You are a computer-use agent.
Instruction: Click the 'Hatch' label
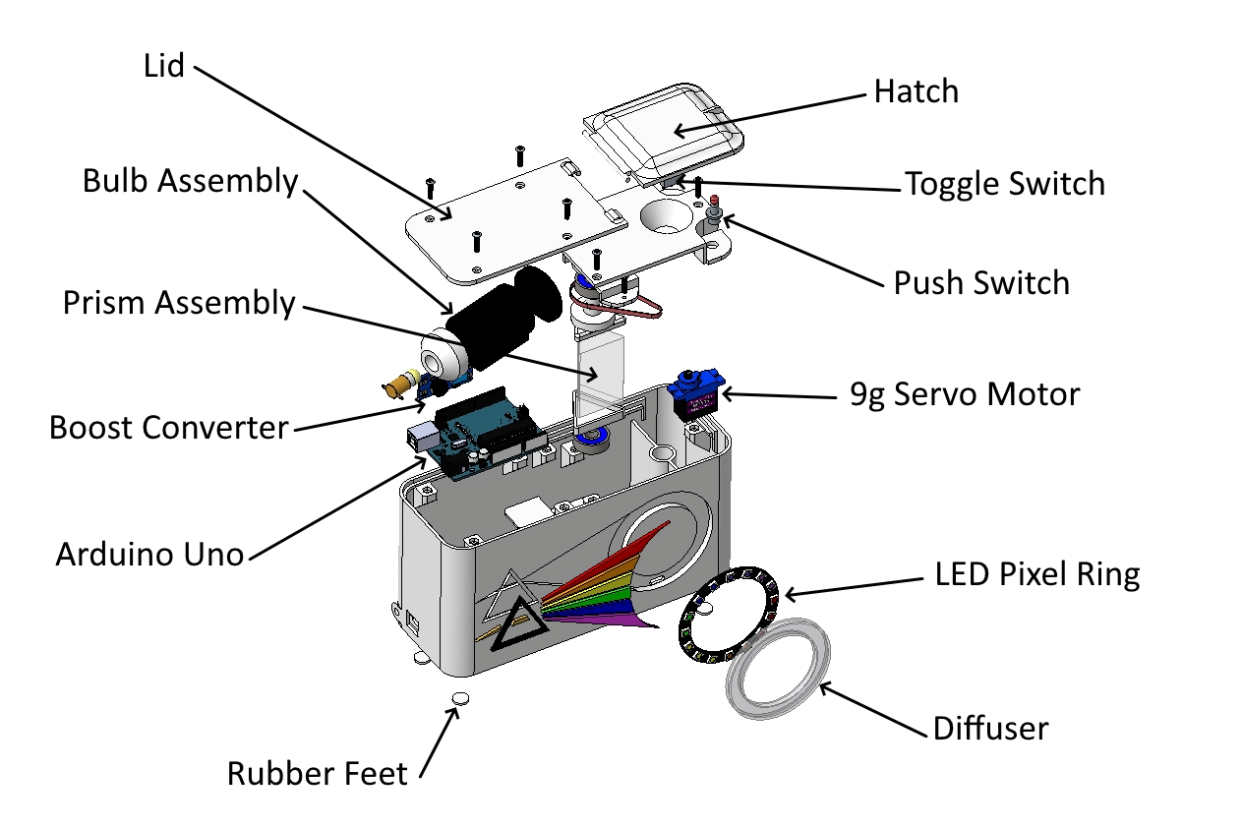click(x=916, y=91)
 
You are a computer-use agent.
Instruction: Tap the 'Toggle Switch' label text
click(x=1005, y=184)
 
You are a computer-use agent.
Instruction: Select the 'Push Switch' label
click(x=981, y=283)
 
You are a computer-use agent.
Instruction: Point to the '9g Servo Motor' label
click(x=965, y=394)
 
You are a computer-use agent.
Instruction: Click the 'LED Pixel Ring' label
click(x=1036, y=574)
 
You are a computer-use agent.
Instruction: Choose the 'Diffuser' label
click(x=991, y=728)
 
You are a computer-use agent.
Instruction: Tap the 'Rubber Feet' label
click(x=318, y=774)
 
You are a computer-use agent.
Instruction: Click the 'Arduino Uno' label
click(x=149, y=554)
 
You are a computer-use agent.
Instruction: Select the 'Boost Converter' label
click(x=168, y=428)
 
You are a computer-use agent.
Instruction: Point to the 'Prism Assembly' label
click(x=179, y=303)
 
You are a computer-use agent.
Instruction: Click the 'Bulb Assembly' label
click(x=190, y=181)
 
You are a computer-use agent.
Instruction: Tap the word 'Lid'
click(x=163, y=66)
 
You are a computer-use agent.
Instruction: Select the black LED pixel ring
click(x=729, y=616)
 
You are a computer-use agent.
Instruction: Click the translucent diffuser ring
click(x=778, y=669)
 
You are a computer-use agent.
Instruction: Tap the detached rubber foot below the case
click(x=461, y=698)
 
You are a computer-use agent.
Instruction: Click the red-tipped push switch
click(x=714, y=213)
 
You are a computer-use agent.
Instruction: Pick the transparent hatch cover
click(x=663, y=134)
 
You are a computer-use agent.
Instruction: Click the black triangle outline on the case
click(x=519, y=623)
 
